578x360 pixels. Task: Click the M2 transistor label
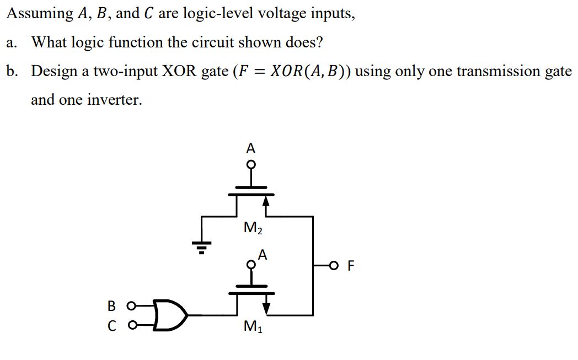pos(251,227)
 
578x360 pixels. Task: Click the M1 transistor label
pos(251,327)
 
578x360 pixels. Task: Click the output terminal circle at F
pos(333,267)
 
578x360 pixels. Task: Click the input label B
pos(111,305)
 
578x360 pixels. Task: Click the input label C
pos(111,326)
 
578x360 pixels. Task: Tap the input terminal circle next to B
pos(131,305)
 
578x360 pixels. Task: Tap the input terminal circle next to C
pos(131,326)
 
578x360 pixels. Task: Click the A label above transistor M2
pos(251,148)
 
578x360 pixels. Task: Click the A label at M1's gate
pos(263,254)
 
